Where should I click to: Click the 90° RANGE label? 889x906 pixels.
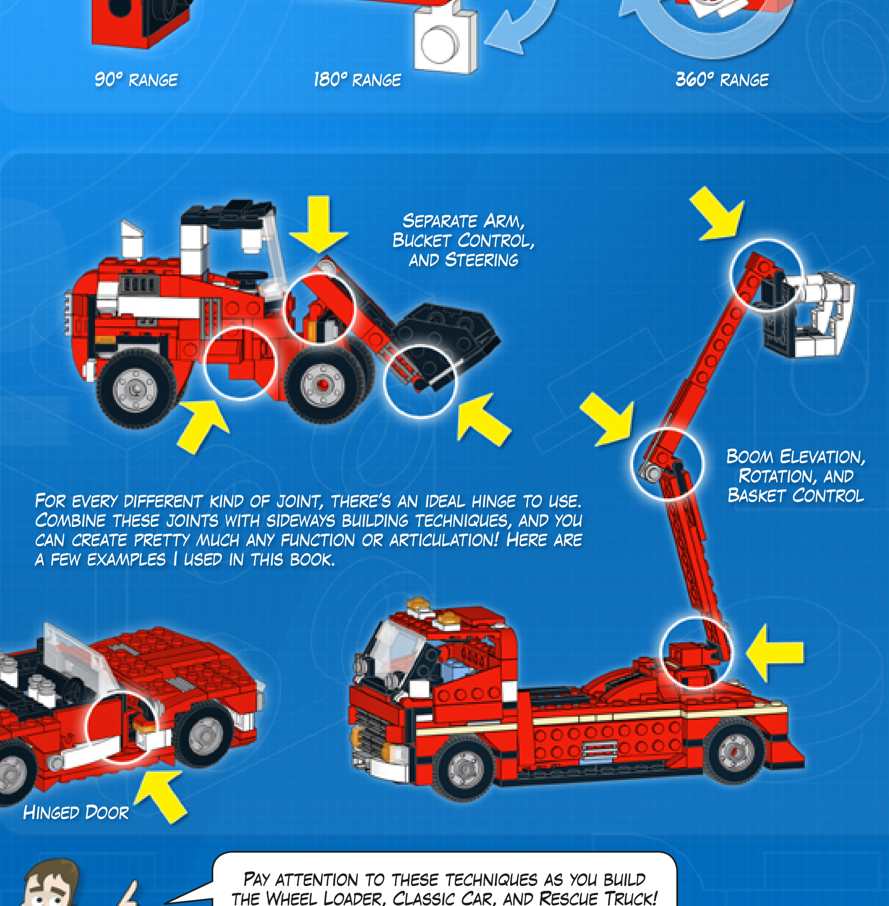[136, 80]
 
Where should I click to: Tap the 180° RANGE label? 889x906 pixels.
[357, 80]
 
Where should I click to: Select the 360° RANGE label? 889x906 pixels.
[722, 80]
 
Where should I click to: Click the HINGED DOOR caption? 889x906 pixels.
[76, 812]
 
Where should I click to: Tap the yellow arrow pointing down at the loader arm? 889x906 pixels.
[318, 224]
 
